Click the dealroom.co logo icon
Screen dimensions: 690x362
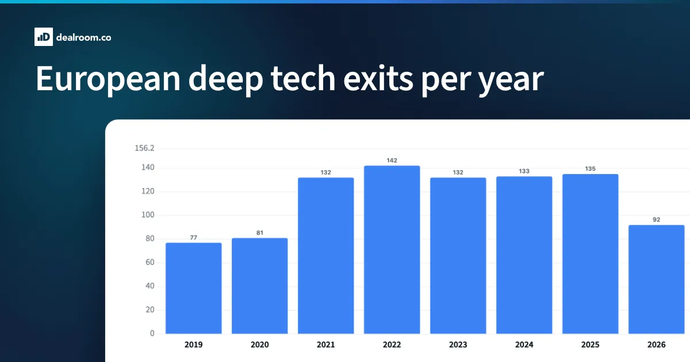click(x=44, y=37)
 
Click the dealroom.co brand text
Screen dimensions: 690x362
click(x=83, y=37)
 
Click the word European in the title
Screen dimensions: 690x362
click(x=108, y=79)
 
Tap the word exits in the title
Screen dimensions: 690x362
click(x=378, y=79)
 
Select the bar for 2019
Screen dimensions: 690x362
click(x=193, y=288)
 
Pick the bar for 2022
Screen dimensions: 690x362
click(x=392, y=249)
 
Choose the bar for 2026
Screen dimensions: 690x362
click(x=657, y=279)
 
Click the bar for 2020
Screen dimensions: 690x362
click(x=260, y=286)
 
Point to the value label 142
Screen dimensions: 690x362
click(x=392, y=160)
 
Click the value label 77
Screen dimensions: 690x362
click(x=193, y=238)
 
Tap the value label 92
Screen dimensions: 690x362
click(x=657, y=219)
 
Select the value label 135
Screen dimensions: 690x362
click(x=590, y=169)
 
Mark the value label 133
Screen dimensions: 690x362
click(x=524, y=171)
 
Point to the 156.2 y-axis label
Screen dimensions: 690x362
click(x=144, y=148)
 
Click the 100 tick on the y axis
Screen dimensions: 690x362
click(x=148, y=215)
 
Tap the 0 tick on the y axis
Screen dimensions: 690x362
click(x=152, y=333)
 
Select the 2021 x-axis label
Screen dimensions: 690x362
click(x=325, y=345)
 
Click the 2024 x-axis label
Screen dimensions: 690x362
click(x=524, y=345)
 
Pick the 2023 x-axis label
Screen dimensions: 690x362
click(x=458, y=345)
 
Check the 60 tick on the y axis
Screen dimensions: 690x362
click(x=149, y=262)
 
